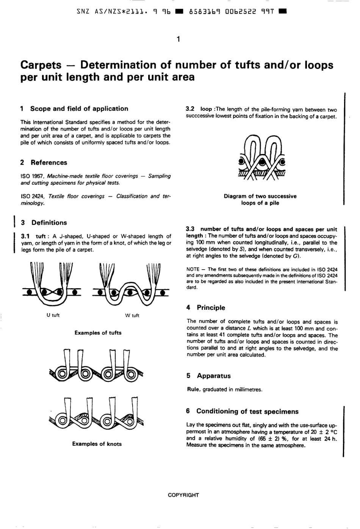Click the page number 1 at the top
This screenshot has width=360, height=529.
(x=178, y=39)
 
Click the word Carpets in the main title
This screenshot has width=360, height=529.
(x=41, y=65)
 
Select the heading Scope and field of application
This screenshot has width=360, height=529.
(x=79, y=109)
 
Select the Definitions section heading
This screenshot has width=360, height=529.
(x=49, y=223)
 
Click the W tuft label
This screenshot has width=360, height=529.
(x=132, y=316)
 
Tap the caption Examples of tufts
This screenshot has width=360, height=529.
(x=98, y=333)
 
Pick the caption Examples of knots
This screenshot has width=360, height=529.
(x=97, y=444)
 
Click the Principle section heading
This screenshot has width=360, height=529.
(x=211, y=308)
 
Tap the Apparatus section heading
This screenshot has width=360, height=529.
(x=213, y=376)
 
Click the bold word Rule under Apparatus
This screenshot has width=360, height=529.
(x=193, y=389)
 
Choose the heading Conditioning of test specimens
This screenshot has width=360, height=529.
(x=247, y=412)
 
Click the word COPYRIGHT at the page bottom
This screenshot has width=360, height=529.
(x=183, y=495)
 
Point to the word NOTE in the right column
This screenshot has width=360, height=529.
(x=193, y=270)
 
